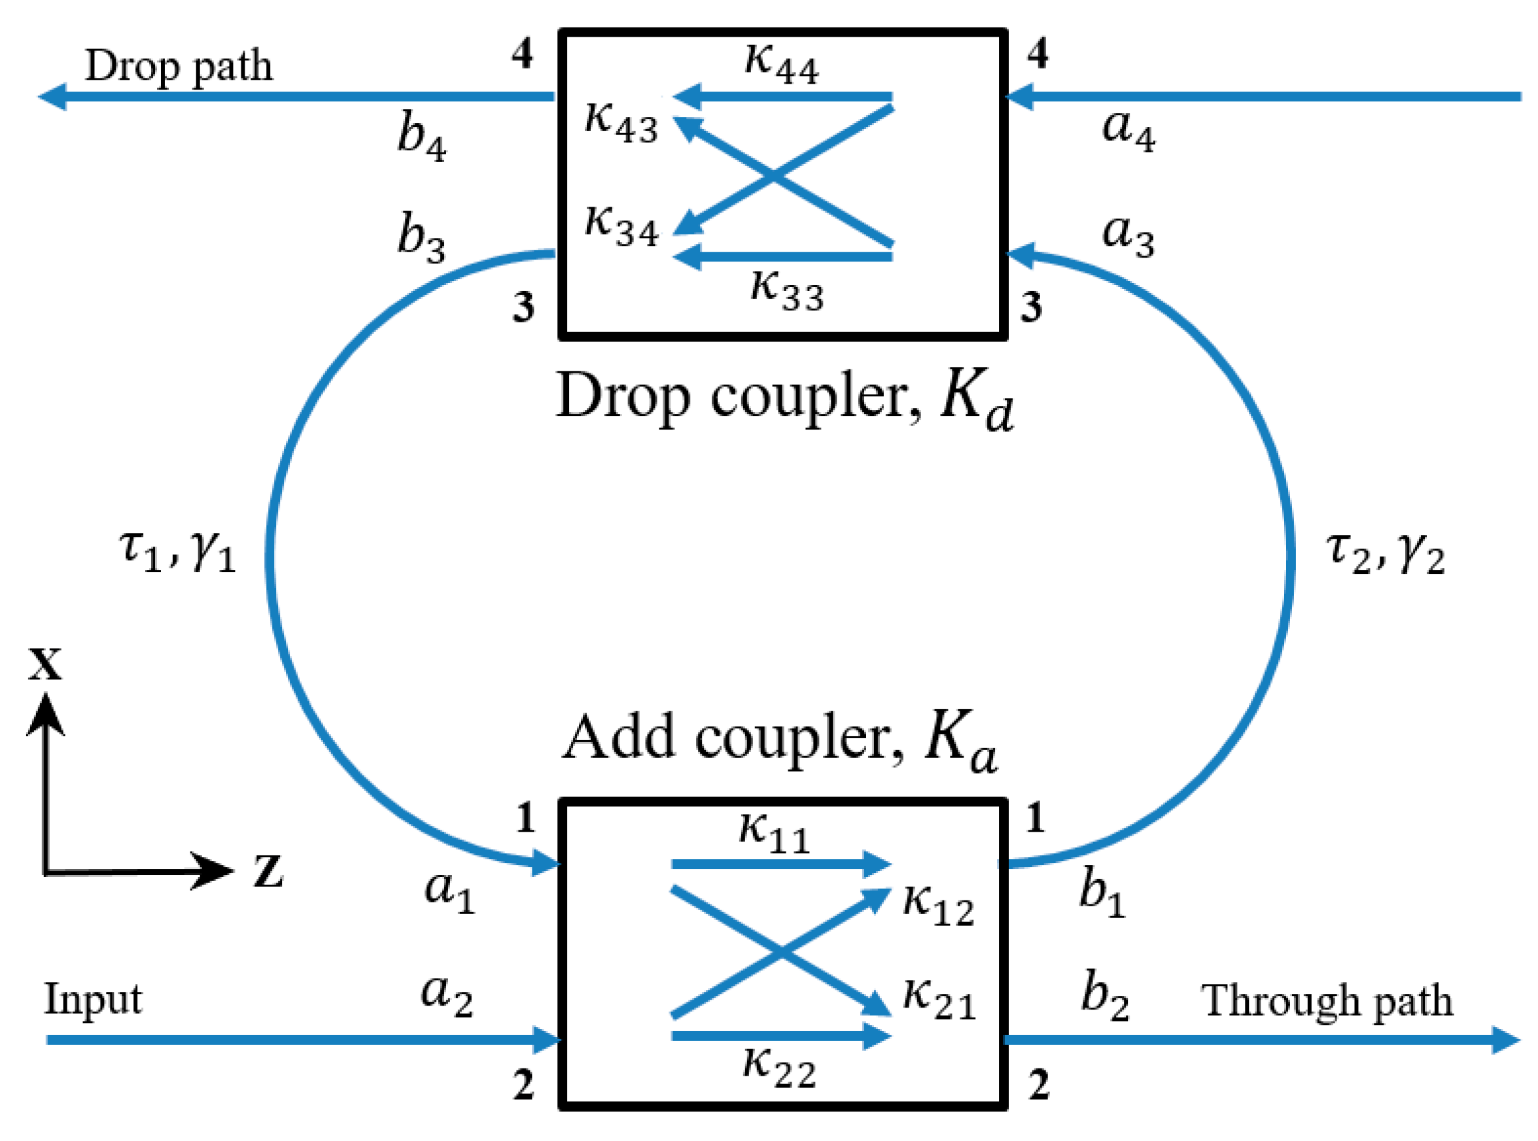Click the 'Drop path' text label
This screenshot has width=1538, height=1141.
coord(178,67)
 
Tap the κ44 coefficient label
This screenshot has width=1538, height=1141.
coord(780,64)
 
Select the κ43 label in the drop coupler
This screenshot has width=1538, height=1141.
coord(620,123)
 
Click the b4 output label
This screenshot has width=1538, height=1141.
coord(421,136)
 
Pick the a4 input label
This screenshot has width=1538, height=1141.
coord(1128,129)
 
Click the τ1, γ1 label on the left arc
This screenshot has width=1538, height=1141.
coord(177,553)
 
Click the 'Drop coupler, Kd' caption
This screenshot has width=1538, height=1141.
coord(784,400)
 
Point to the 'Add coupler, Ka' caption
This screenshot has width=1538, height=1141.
coord(778,741)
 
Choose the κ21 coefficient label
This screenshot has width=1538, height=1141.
coord(939,998)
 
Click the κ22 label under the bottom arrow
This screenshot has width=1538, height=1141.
coord(778,1067)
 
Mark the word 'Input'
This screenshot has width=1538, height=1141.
coord(93,999)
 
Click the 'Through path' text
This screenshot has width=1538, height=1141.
coord(1326,1002)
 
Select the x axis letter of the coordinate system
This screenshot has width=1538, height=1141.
coord(45,664)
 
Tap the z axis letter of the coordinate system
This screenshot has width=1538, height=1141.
coord(268,871)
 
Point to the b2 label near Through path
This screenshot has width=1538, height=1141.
coord(1104,996)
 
